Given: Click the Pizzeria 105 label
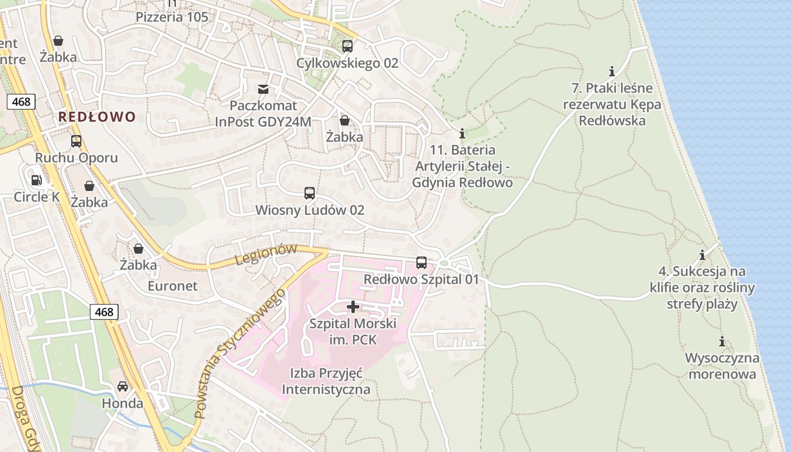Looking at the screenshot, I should (x=172, y=17).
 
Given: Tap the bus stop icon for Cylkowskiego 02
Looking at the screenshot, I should (x=347, y=46).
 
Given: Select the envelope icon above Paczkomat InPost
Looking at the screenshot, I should (x=263, y=89).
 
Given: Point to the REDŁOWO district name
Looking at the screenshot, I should (x=97, y=117).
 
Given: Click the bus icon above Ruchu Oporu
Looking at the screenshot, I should (x=76, y=141).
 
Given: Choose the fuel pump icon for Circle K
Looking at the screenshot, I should (x=36, y=180).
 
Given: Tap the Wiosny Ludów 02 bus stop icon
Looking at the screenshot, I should (x=310, y=193).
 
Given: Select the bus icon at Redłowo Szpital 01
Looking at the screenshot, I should (x=421, y=263).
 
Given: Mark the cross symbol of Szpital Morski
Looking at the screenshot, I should (x=353, y=307).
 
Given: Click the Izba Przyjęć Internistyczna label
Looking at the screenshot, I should (x=326, y=381).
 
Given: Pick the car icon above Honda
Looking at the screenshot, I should (x=123, y=386).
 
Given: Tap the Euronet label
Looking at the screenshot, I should (x=173, y=286).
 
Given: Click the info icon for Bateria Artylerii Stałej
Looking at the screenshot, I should (x=462, y=133).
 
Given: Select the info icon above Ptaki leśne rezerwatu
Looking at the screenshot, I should (x=612, y=71).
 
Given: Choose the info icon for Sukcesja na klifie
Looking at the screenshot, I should (x=702, y=255).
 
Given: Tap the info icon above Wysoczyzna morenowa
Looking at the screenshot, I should (x=722, y=341).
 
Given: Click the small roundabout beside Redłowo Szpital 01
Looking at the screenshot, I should (x=444, y=263).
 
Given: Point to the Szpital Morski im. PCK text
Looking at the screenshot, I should (x=353, y=332).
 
